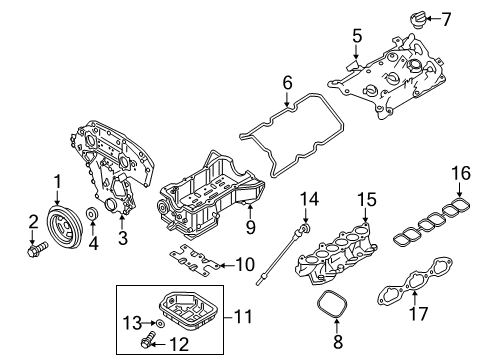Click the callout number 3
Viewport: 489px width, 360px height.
[123, 239]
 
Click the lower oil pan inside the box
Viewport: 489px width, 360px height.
[182, 306]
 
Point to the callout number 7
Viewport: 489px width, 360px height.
[447, 19]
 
